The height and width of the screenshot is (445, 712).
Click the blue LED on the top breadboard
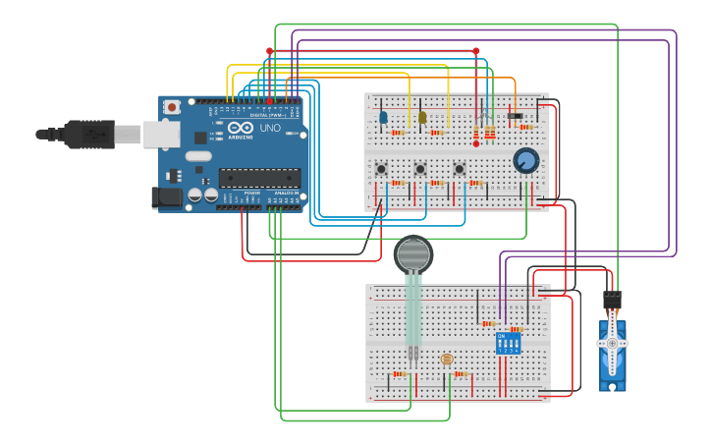pyautogui.click(x=383, y=117)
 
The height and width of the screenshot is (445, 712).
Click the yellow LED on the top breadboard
pyautogui.click(x=422, y=117)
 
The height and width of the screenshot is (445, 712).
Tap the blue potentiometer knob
pyautogui.click(x=525, y=160)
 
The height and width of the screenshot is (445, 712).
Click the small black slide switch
pyautogui.click(x=515, y=116)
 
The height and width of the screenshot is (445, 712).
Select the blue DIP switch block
pyautogui.click(x=509, y=343)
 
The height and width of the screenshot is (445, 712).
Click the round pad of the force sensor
pyautogui.click(x=413, y=254)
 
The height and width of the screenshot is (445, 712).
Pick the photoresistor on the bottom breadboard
pyautogui.click(x=447, y=360)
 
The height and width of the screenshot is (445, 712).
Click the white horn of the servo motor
pyautogui.click(x=612, y=344)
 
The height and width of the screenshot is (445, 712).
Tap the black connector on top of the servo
pyautogui.click(x=612, y=299)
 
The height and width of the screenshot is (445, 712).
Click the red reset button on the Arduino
pyautogui.click(x=172, y=106)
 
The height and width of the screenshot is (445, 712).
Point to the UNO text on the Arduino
pyautogui.click(x=269, y=128)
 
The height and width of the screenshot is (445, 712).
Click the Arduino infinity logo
pyautogui.click(x=240, y=128)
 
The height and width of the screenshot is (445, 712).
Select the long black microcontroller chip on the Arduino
pyautogui.click(x=259, y=178)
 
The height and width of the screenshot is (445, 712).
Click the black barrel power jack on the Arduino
pyautogui.click(x=167, y=197)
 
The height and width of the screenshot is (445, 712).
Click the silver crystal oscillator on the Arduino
pyautogui.click(x=198, y=156)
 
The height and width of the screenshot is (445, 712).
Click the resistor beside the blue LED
pyautogui.click(x=398, y=132)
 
